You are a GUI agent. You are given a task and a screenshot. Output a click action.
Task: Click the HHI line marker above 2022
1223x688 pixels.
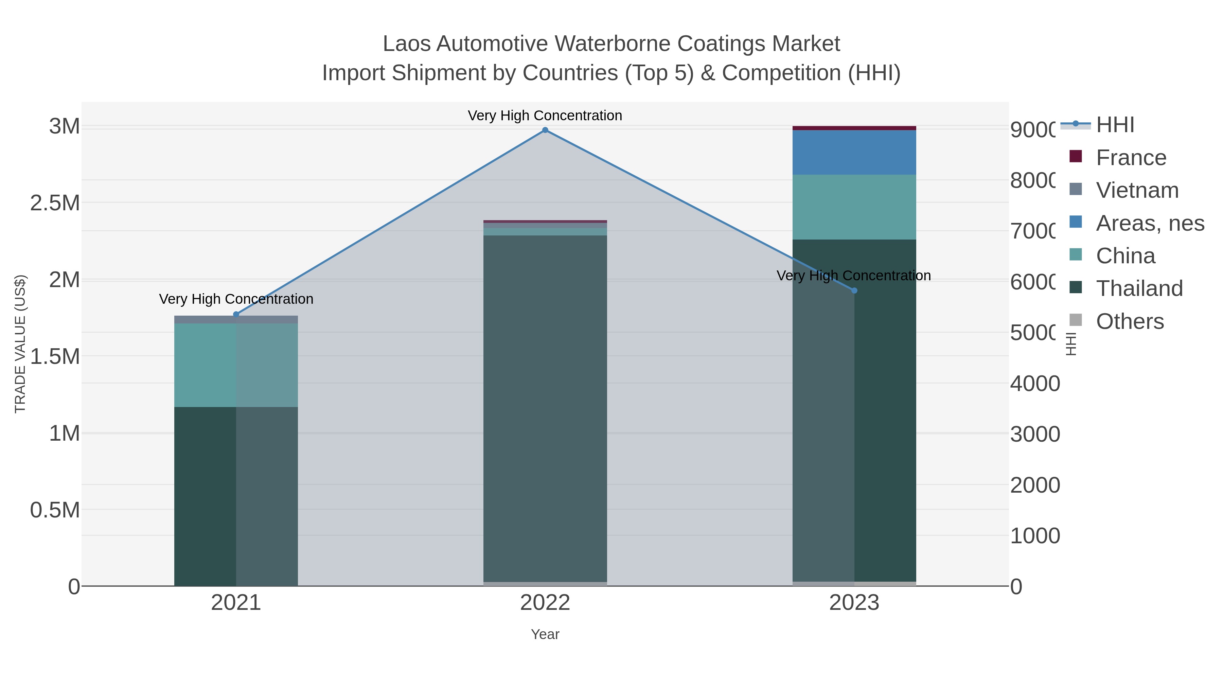click(545, 130)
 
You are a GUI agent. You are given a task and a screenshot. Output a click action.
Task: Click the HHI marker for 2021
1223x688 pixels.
click(236, 314)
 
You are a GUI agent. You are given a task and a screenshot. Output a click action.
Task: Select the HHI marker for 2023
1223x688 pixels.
click(854, 290)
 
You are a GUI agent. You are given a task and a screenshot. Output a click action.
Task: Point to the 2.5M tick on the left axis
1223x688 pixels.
click(55, 203)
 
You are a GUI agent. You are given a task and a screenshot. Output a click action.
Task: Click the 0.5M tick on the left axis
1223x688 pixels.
click(55, 510)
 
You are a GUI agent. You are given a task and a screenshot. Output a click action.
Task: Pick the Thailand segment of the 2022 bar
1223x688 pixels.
click(545, 408)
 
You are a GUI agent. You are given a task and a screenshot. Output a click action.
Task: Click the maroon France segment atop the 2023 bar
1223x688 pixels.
click(854, 128)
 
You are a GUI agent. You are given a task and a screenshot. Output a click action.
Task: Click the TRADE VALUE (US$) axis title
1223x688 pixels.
click(20, 344)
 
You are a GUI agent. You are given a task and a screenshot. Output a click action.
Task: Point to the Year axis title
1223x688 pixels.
click(545, 634)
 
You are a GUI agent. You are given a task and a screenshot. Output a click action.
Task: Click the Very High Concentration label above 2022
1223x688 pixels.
click(545, 116)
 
